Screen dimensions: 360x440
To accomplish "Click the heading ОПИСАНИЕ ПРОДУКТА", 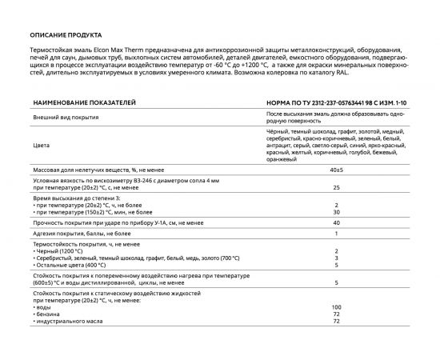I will tap(66, 35).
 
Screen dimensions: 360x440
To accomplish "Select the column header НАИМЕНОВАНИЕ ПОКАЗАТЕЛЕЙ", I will tap(83, 103).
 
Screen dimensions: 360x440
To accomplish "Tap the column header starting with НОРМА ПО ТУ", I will tap(336, 103).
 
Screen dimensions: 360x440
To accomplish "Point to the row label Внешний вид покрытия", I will tap(67, 117).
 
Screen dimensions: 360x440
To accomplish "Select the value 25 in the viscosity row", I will tap(337, 187).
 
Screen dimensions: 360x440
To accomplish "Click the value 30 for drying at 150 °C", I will tap(337, 211).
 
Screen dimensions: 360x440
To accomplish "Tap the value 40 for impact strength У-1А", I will tap(337, 222).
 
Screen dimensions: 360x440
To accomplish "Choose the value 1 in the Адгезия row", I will tap(337, 234).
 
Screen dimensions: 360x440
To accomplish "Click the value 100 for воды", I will tap(337, 307).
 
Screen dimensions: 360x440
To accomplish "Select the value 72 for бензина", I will tap(337, 314).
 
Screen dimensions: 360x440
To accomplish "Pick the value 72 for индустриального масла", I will tap(337, 322).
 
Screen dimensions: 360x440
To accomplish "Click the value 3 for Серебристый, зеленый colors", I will tap(337, 258).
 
